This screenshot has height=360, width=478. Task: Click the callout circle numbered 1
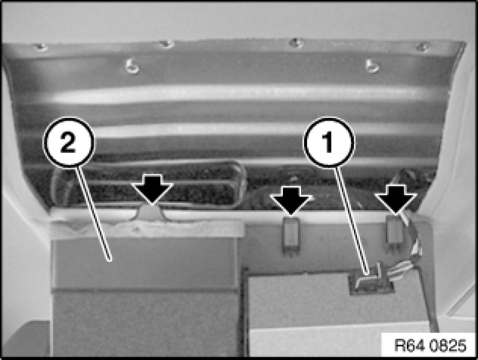point(329,142)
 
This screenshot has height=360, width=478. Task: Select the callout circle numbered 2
point(69,142)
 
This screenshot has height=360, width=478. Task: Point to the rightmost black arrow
point(396,199)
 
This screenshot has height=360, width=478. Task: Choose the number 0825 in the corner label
point(448,345)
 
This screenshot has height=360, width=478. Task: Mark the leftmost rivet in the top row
point(41,47)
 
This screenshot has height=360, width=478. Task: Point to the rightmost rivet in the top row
point(423,46)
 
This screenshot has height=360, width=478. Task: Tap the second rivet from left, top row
point(167,44)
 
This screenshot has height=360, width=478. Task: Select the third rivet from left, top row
point(296,43)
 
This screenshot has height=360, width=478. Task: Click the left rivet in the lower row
point(132,66)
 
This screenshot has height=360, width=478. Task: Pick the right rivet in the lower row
point(372,66)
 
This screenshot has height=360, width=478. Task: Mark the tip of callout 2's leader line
point(110,261)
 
